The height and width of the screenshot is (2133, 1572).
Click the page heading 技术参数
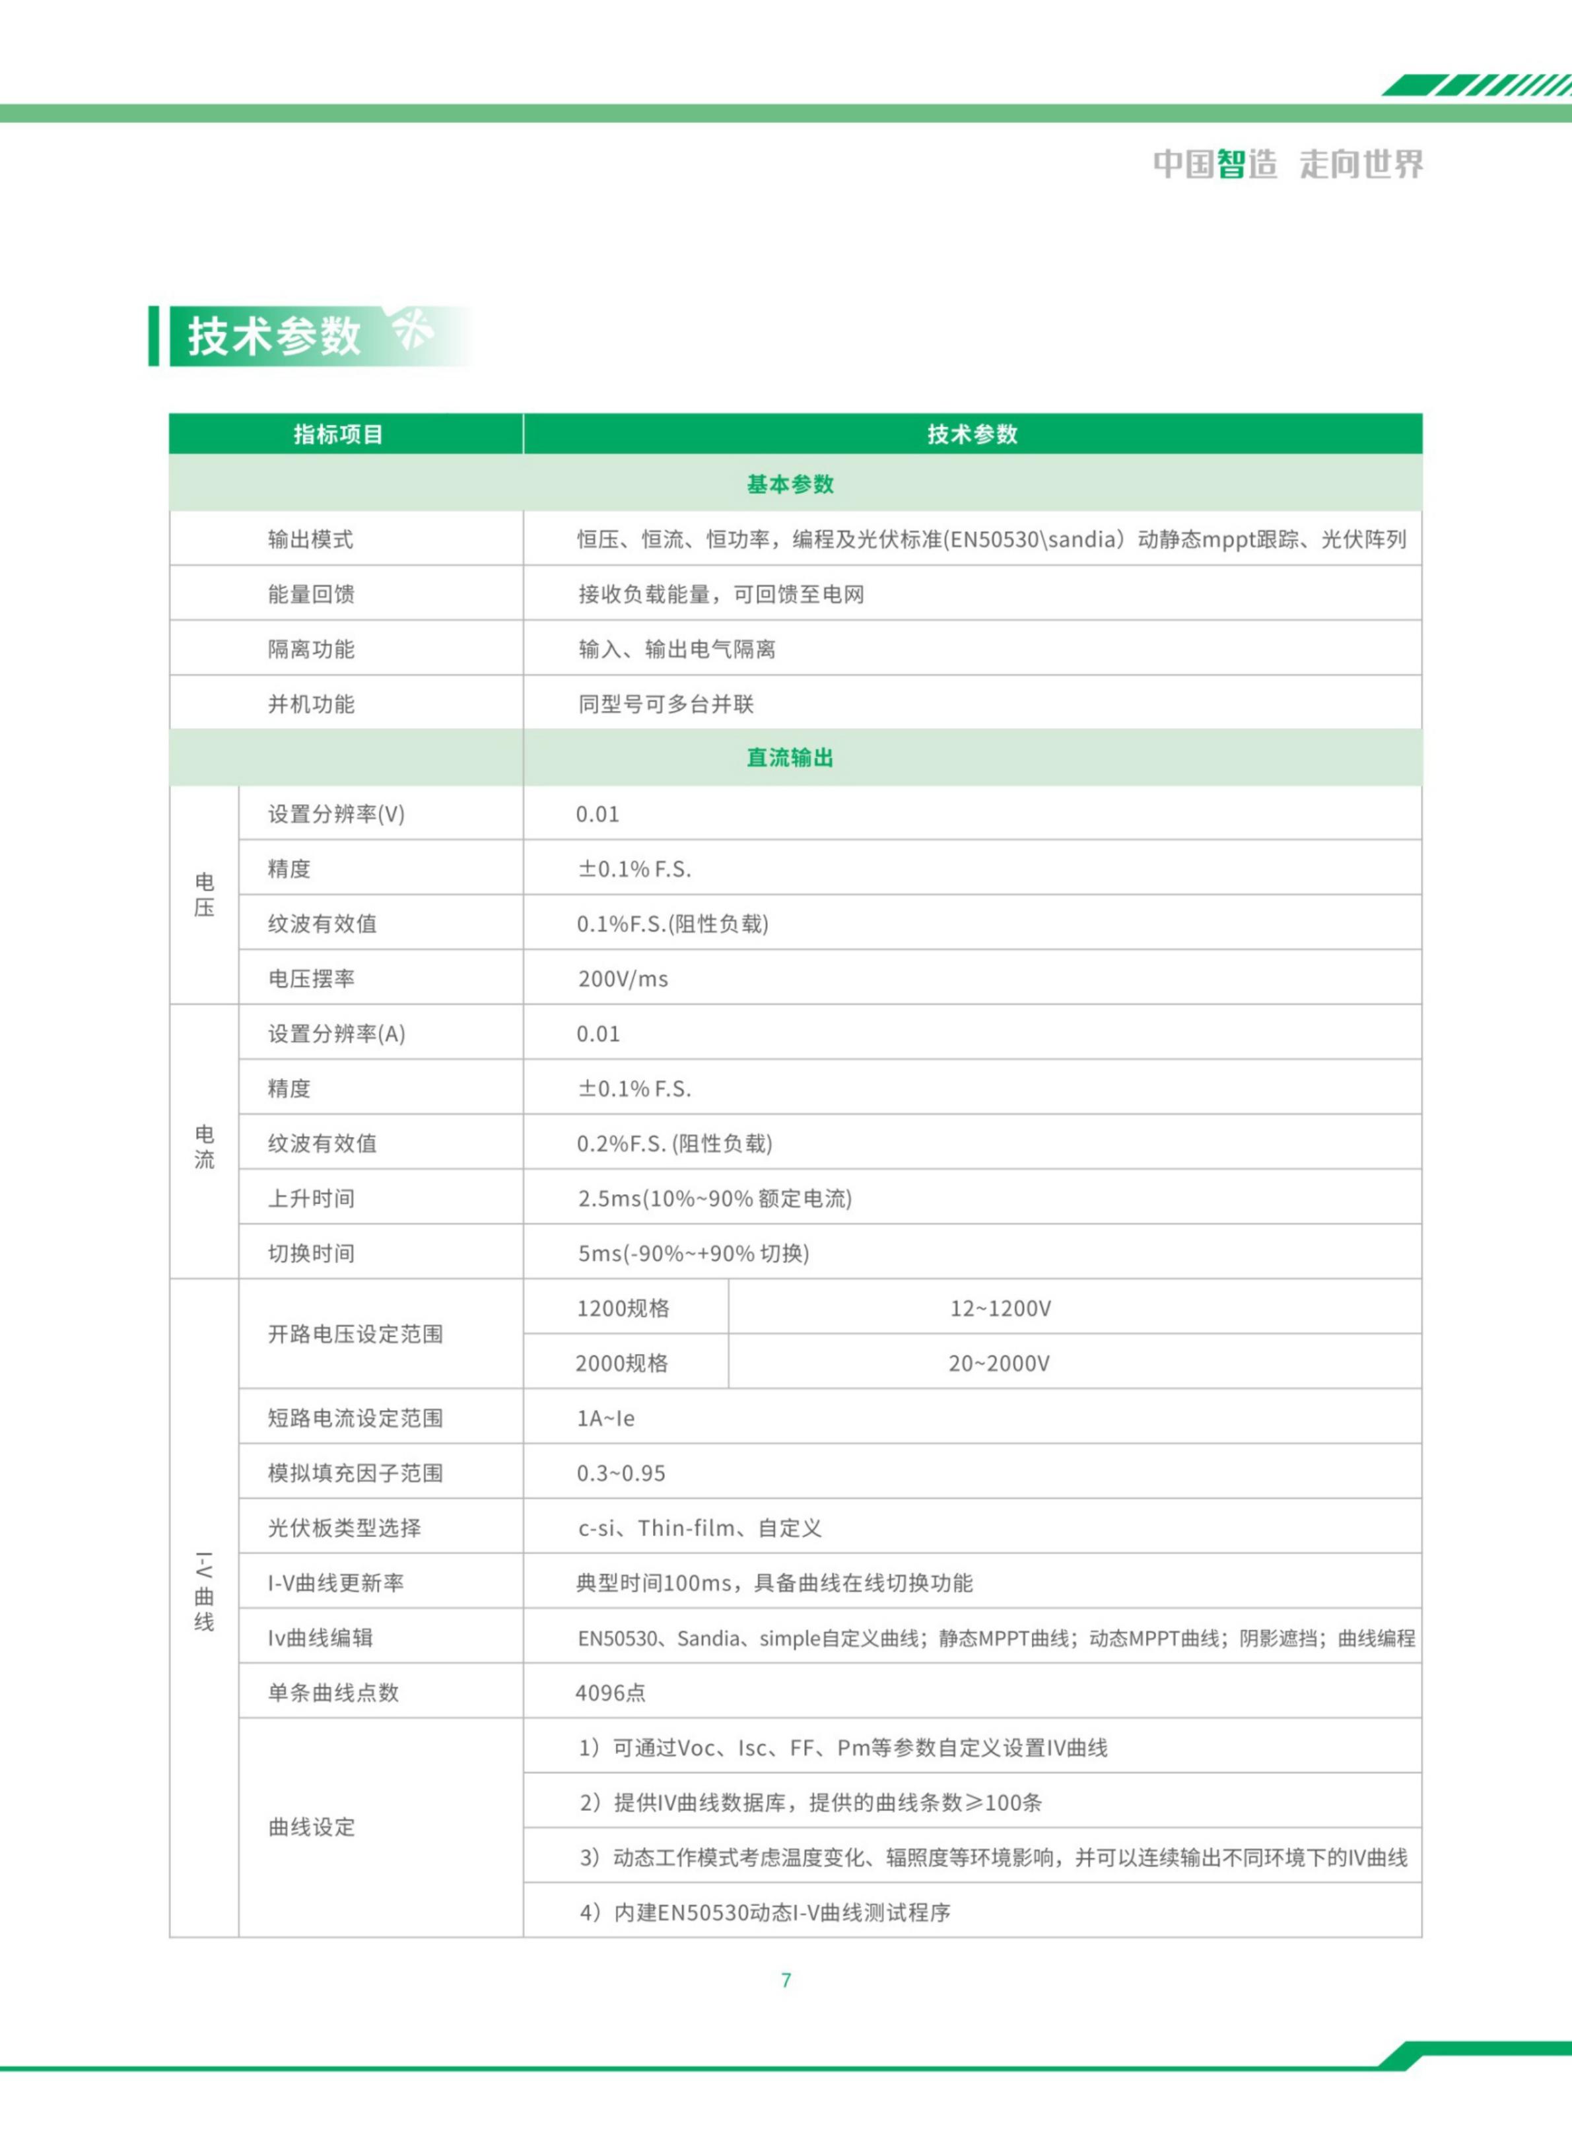pos(274,336)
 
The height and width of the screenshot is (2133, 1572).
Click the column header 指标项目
pos(338,435)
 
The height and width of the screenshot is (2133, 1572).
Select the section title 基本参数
pos(790,485)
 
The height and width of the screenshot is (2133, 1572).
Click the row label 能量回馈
pos(311,595)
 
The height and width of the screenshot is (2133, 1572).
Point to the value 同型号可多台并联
pos(666,704)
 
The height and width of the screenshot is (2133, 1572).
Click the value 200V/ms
pos(623,979)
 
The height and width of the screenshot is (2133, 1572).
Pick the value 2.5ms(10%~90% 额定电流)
pos(714,1199)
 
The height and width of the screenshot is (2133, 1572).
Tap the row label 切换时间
pos(311,1254)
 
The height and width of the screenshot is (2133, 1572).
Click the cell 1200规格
pos(623,1308)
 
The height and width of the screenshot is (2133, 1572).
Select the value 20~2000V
pos(999,1363)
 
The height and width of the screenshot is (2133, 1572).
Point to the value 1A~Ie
pos(606,1419)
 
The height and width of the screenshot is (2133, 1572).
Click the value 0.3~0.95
pos(621,1473)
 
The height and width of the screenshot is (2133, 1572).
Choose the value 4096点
pos(611,1693)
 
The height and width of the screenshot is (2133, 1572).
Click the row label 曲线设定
pos(311,1827)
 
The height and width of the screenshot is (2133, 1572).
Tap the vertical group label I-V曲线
pos(205,1591)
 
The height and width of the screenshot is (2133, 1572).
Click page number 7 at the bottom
pos(786,1980)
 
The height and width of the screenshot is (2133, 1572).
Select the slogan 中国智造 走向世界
pos(1288,164)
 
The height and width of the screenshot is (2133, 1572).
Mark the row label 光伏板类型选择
pos(345,1528)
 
